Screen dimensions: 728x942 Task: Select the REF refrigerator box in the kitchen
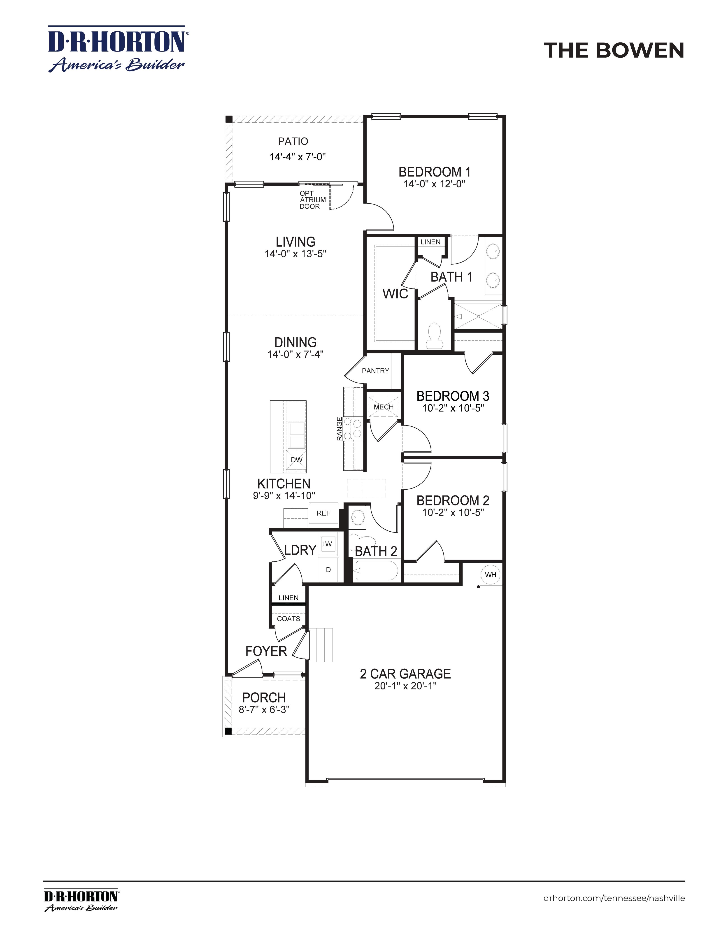(323, 513)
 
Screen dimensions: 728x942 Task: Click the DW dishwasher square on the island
(296, 460)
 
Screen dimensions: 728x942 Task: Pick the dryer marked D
(328, 569)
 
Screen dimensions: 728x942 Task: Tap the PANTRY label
(375, 370)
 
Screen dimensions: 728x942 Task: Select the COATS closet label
(288, 619)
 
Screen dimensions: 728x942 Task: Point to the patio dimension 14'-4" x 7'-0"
(298, 157)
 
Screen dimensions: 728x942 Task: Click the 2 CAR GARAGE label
(405, 674)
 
